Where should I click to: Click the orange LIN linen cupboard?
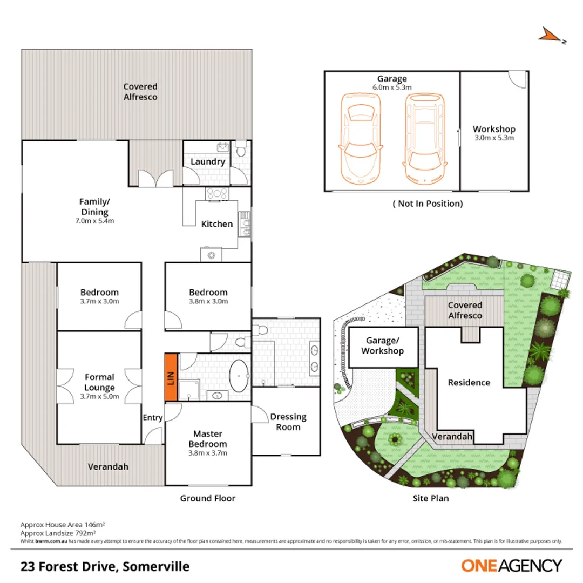tap(171, 377)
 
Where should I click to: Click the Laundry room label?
tap(208, 161)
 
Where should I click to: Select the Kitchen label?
tap(217, 224)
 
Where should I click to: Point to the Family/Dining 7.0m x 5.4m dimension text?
tap(94, 220)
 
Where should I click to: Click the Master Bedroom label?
tap(208, 439)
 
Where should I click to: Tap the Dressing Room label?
tap(288, 422)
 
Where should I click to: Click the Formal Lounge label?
tap(99, 382)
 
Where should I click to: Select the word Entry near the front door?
tap(152, 417)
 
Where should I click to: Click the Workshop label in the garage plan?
tap(494, 130)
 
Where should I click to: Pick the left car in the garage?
tap(360, 138)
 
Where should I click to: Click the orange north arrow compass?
tap(551, 36)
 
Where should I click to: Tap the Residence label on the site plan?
tap(469, 382)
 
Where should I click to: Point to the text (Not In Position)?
tap(428, 204)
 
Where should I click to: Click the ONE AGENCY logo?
tap(511, 566)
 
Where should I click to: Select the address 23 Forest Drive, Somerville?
tap(105, 566)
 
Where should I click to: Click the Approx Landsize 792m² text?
tap(62, 532)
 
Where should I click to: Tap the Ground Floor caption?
tap(208, 498)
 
